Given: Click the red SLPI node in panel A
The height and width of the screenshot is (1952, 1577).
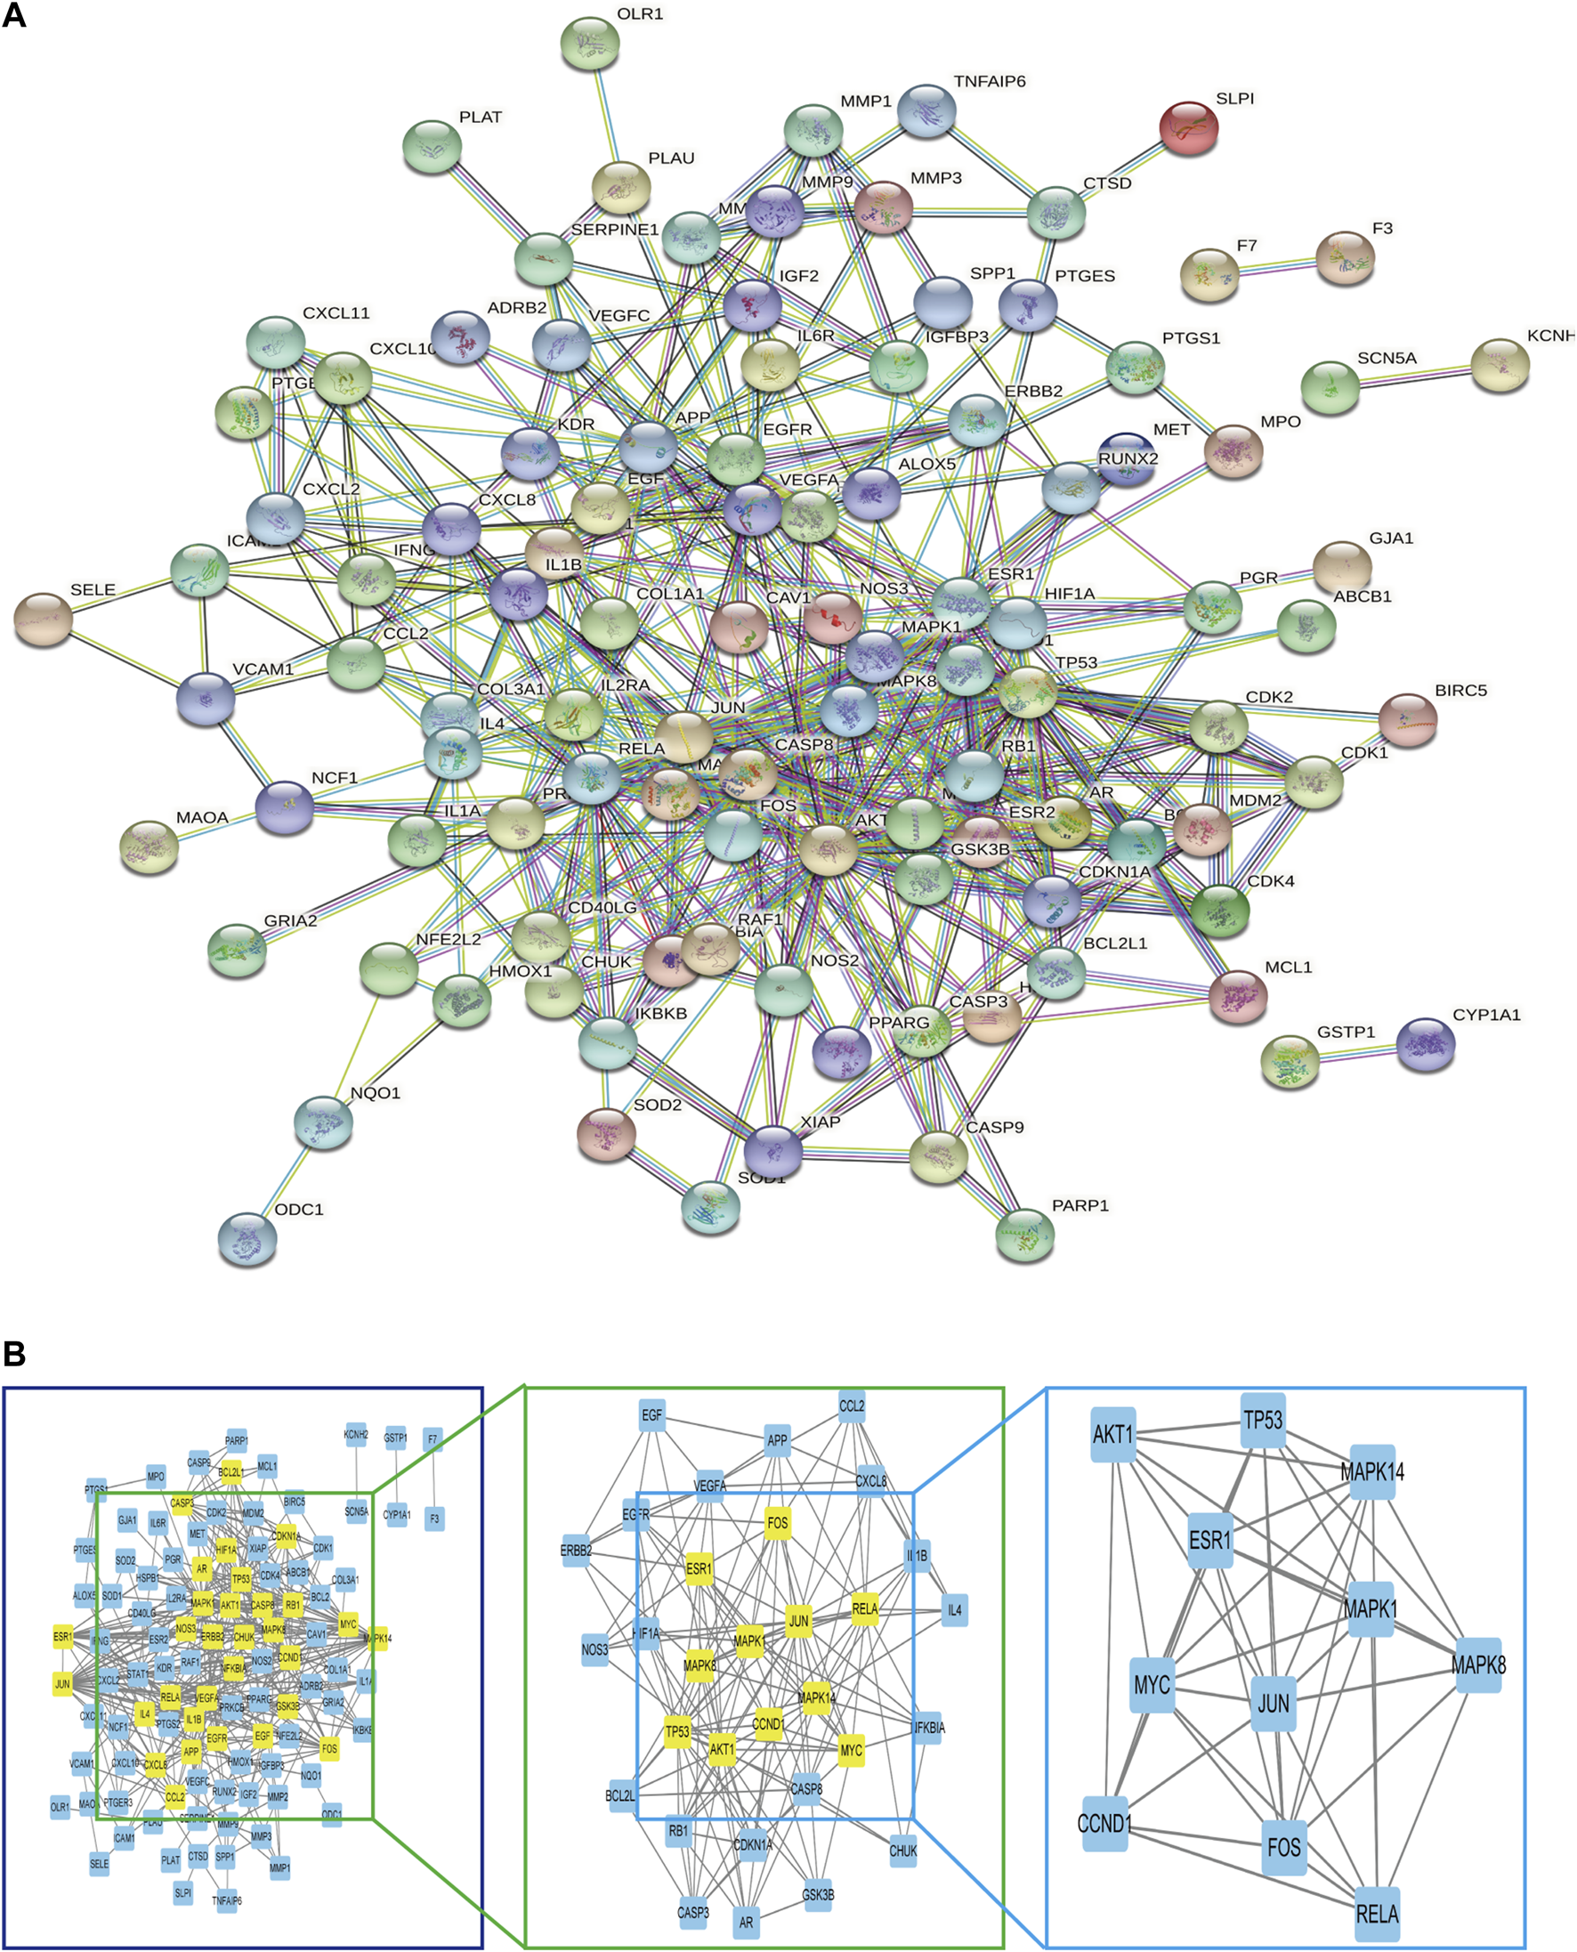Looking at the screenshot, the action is tap(1188, 127).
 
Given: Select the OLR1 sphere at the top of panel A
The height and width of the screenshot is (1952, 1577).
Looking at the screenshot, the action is tap(590, 43).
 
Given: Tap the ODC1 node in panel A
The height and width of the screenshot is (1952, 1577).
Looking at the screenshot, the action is tap(247, 1239).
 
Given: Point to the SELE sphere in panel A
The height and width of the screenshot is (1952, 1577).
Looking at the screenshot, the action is tap(44, 620).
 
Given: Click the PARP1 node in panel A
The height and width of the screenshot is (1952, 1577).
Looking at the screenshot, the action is tap(1024, 1235).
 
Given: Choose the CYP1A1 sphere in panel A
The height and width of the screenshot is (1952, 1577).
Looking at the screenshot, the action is tap(1426, 1044).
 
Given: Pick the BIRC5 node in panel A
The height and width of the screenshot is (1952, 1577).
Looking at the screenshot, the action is tap(1407, 719).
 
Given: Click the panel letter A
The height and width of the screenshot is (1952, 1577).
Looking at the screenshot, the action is tap(13, 15).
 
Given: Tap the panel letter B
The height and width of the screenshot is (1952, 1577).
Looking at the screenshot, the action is tap(13, 1355).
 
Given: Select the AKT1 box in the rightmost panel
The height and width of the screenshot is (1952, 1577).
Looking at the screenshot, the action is tap(1112, 1434).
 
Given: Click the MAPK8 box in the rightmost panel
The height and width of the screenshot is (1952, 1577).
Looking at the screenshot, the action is tap(1478, 1665).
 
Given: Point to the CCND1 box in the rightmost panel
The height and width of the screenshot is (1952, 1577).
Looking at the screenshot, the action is tap(1104, 1823).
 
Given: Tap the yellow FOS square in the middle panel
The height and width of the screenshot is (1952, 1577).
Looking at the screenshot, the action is tap(778, 1522).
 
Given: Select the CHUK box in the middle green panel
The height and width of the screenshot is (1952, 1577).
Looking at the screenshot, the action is tap(903, 1851).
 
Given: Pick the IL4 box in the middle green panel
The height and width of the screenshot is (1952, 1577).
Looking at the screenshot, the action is tap(954, 1609).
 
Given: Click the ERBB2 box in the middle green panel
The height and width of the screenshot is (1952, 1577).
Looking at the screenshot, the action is tap(576, 1551).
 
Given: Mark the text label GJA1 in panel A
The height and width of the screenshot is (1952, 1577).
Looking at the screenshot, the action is tap(1391, 539).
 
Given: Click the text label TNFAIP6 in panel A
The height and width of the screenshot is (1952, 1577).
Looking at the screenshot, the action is tap(990, 82).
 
